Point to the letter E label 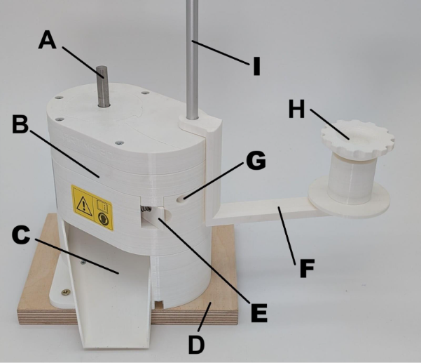click(x=258, y=313)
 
